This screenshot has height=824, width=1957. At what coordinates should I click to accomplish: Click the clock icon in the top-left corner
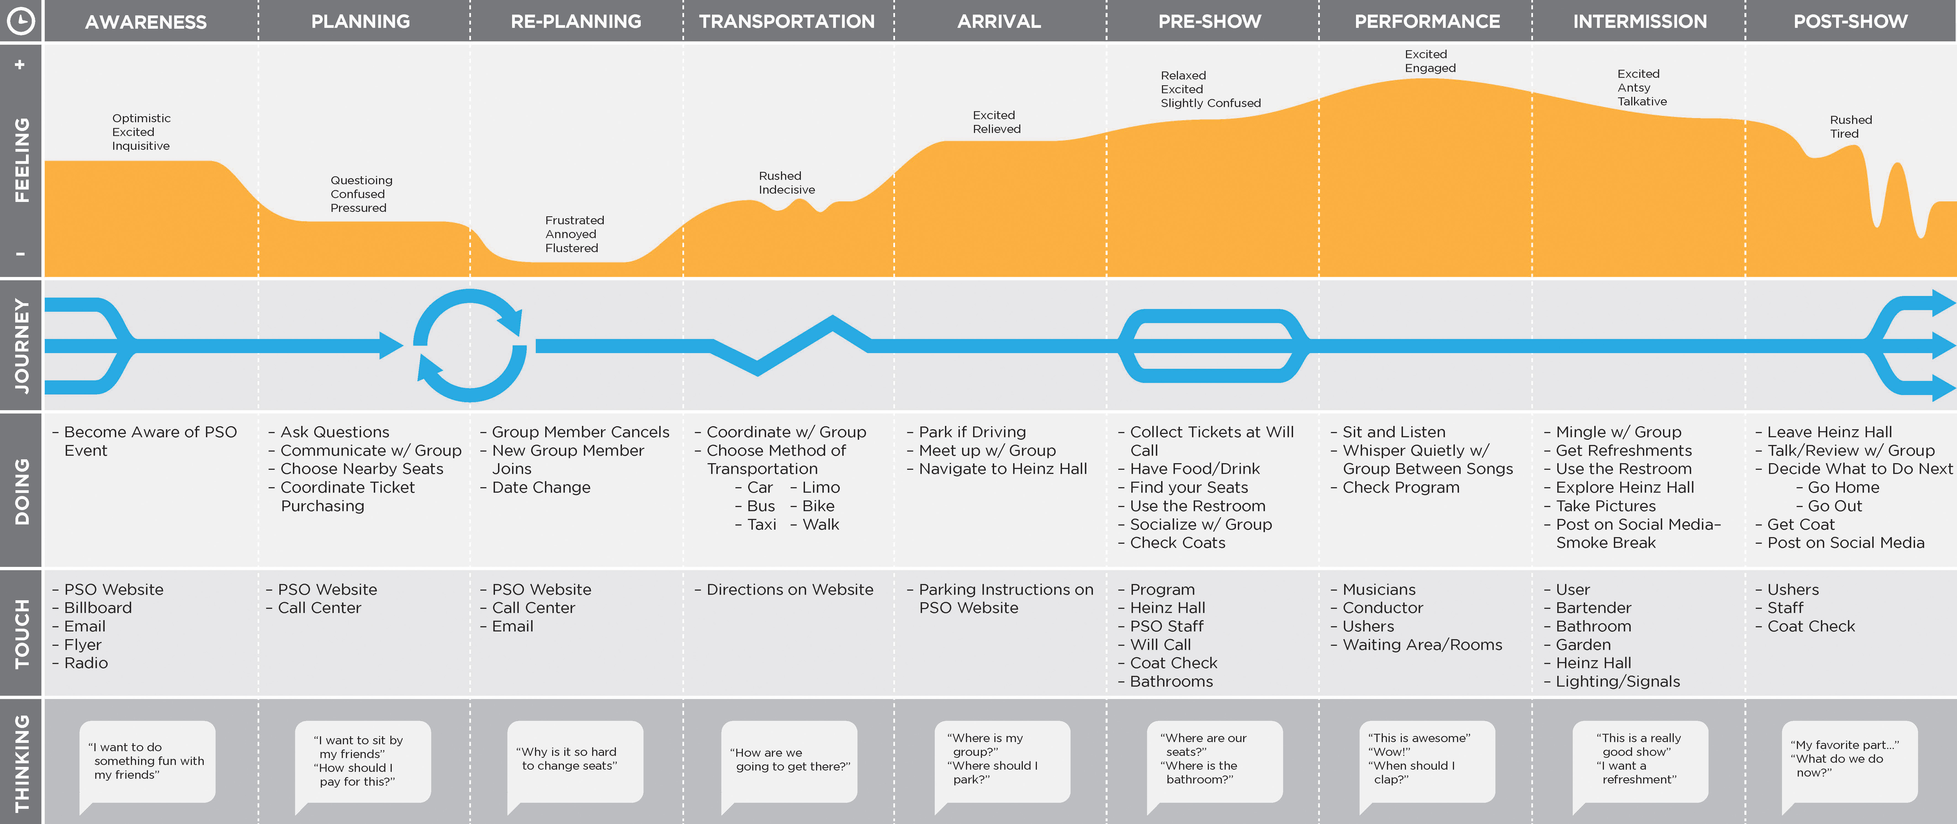(x=20, y=20)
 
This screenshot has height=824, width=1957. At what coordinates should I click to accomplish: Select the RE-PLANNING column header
(x=576, y=21)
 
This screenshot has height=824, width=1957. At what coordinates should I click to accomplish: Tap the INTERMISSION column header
(x=1640, y=21)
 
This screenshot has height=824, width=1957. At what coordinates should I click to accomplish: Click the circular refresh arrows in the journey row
(x=470, y=346)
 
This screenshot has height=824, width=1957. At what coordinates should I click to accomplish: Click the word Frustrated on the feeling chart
(x=574, y=220)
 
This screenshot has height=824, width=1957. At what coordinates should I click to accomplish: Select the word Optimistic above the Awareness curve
(x=141, y=118)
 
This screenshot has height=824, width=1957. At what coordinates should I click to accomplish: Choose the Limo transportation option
(x=820, y=487)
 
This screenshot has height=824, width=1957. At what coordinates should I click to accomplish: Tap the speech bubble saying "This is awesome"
(x=1426, y=759)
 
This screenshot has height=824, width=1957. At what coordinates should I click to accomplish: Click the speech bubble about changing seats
(x=574, y=759)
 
